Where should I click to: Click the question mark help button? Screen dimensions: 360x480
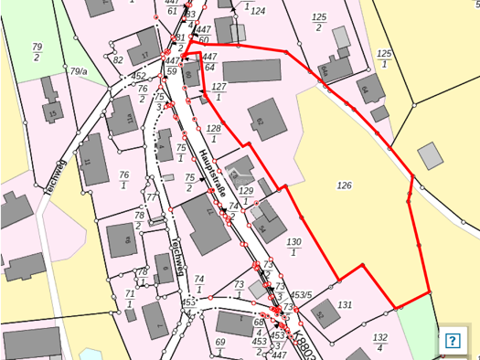(452, 340)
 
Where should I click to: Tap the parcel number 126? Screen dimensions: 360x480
(344, 185)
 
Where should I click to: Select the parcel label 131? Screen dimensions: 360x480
(345, 304)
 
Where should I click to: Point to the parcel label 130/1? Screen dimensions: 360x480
(293, 246)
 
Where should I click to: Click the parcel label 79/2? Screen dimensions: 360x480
(37, 51)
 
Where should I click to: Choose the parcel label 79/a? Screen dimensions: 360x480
(79, 70)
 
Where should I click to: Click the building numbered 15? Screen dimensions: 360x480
(53, 114)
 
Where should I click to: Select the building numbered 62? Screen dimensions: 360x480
(260, 122)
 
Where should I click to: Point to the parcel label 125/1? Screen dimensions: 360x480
(384, 59)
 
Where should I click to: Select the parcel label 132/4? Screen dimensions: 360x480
(380, 342)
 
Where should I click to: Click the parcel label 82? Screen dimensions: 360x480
(118, 59)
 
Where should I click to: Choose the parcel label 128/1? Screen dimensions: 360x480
(214, 133)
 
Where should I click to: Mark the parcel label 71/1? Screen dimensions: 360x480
(130, 298)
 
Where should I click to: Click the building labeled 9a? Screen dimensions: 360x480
(121, 241)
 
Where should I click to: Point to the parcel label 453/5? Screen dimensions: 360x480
(303, 294)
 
